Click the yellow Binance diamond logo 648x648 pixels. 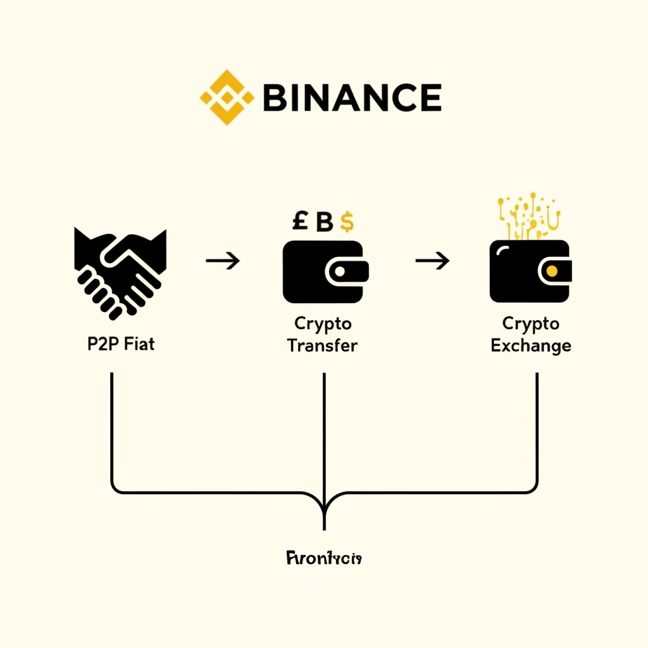227,97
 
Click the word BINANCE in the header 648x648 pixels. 351,97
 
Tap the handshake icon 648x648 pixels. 120,272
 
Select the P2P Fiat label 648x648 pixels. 121,346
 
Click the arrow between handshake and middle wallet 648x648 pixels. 223,260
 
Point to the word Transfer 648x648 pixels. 322,346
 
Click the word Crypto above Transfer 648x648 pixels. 323,324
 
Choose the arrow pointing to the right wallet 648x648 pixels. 432,260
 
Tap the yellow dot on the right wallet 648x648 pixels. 551,271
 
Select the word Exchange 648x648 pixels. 531,346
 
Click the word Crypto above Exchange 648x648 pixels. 531,324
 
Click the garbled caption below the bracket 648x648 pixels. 324,558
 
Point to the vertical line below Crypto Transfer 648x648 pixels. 324,430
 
